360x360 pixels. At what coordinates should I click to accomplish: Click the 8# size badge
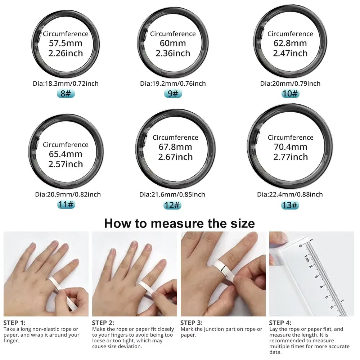(66, 94)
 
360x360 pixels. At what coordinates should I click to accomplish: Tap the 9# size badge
(173, 94)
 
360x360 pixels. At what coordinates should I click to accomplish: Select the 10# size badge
(290, 94)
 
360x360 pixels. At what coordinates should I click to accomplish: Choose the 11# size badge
(66, 205)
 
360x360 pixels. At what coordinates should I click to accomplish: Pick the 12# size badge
(172, 205)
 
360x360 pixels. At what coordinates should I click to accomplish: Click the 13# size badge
(290, 205)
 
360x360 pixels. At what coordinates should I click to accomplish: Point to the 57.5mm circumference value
(66, 44)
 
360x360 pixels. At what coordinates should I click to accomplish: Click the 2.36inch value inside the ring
(173, 53)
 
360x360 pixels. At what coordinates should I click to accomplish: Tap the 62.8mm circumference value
(290, 44)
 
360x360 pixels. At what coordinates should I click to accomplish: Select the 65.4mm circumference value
(66, 154)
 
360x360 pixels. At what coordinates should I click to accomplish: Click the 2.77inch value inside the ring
(290, 157)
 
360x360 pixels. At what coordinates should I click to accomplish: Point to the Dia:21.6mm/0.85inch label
(172, 194)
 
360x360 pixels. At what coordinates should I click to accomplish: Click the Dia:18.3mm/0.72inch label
(66, 84)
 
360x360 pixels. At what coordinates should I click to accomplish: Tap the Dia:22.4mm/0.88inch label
(290, 194)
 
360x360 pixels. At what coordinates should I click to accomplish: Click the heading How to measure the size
(179, 224)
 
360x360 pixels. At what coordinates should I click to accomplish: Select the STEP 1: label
(14, 323)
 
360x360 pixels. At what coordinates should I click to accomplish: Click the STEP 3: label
(192, 323)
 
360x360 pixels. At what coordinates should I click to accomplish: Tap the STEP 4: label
(280, 323)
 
